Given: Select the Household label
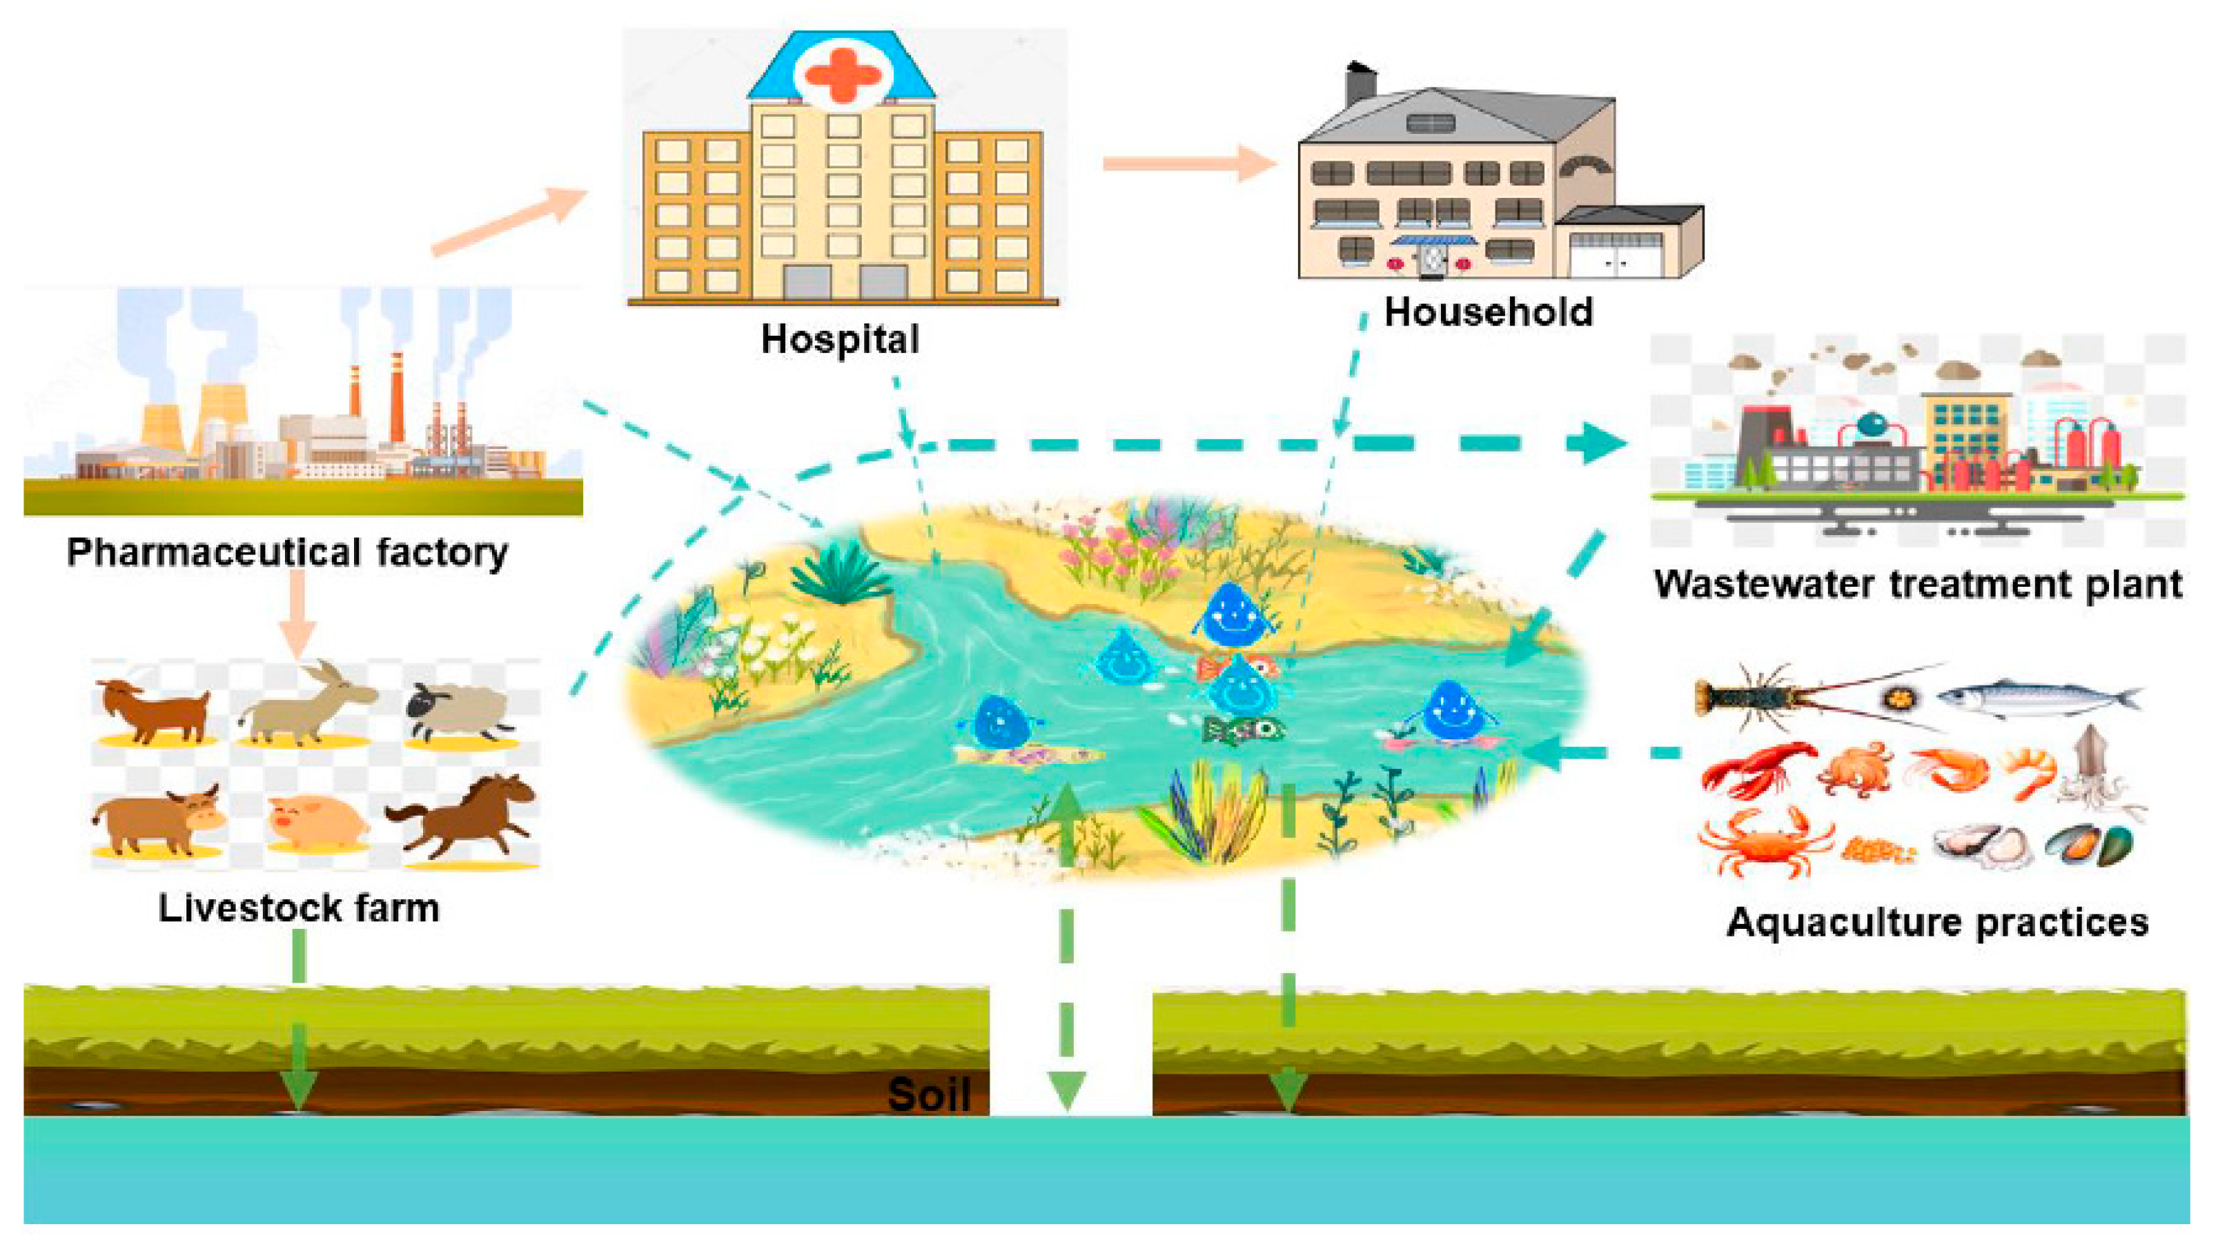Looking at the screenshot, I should coord(1489,312).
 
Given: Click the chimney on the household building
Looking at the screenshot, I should coord(1360,84).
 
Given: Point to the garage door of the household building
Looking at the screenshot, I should coord(1616,256).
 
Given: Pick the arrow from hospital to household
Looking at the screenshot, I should coord(1188,163).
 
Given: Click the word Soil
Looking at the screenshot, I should coord(929,1094).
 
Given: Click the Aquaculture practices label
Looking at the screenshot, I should coord(1937,923).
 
